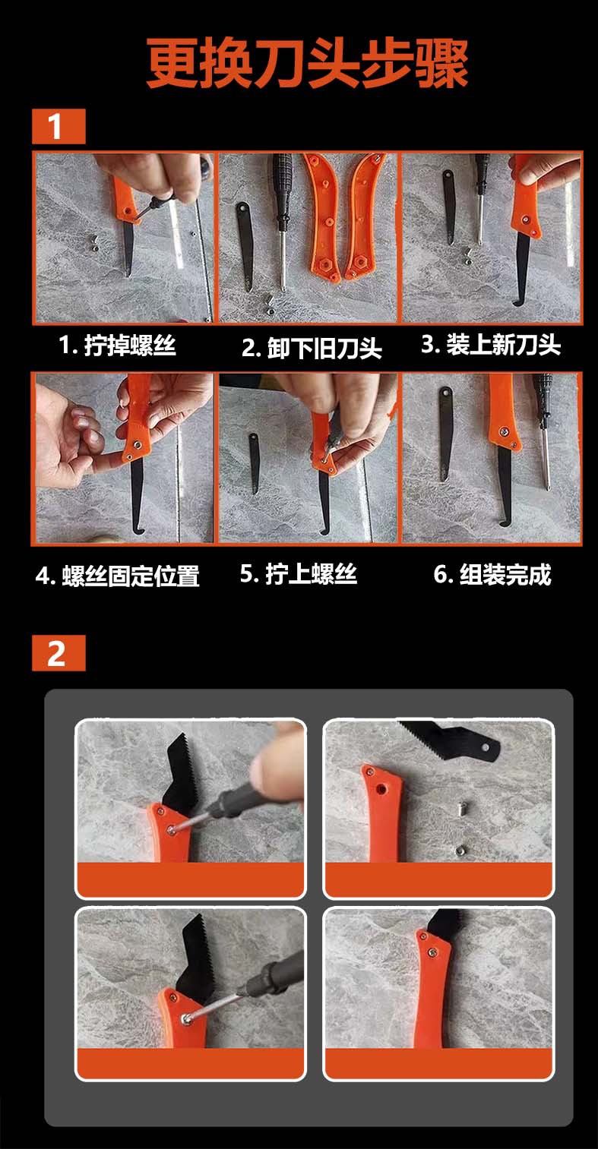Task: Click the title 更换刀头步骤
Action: click(x=307, y=63)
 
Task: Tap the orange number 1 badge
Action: click(x=59, y=126)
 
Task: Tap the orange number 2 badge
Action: click(x=59, y=653)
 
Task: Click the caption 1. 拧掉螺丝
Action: click(x=117, y=346)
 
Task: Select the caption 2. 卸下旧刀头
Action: click(x=312, y=349)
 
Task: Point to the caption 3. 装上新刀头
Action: click(x=491, y=344)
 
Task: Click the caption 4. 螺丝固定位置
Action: click(x=118, y=576)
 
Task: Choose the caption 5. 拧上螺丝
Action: click(x=298, y=573)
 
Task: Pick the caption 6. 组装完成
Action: click(x=492, y=574)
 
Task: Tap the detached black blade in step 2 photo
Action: click(x=245, y=245)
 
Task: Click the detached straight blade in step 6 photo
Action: click(x=445, y=434)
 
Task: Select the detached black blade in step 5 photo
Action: click(x=254, y=464)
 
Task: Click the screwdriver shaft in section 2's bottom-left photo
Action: click(x=216, y=1008)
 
